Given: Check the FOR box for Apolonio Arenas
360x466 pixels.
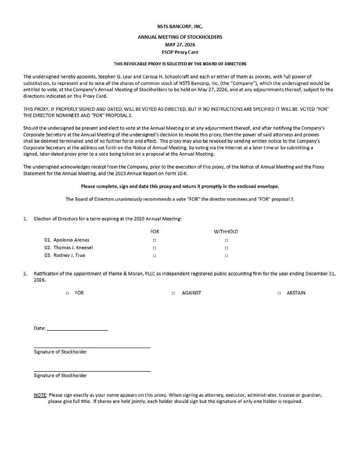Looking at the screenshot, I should [154, 240].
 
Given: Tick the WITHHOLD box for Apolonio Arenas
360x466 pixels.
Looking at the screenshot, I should [226, 240].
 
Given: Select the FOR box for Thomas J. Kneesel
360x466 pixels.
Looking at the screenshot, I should [154, 248].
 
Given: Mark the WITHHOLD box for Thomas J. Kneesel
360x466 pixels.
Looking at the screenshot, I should [226, 248].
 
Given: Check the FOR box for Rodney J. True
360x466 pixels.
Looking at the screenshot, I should [154, 256].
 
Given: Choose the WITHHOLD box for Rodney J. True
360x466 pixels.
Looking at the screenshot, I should [226, 256].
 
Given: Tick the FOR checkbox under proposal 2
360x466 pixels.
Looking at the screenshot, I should [67, 293].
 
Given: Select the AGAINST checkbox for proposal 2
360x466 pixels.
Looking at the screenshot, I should [173, 293].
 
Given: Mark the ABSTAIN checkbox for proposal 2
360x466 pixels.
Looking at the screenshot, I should [279, 293].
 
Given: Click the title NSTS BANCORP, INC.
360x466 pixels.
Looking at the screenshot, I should [180, 27].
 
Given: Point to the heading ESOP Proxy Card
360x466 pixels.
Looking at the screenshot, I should [180, 53].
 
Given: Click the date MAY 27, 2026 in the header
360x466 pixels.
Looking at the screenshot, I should [180, 45].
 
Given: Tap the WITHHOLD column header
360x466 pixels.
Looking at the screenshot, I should [226, 231].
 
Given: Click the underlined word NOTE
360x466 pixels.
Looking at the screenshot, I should [40, 395].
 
